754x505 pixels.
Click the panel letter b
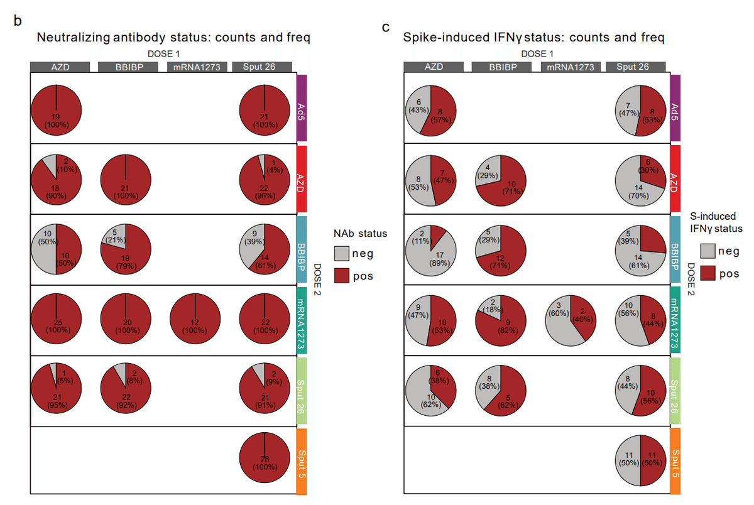18,21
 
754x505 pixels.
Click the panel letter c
386,28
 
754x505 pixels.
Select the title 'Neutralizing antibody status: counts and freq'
173,38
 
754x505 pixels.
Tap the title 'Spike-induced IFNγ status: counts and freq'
533,38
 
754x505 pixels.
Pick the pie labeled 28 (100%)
265,461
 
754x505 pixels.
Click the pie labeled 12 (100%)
195,320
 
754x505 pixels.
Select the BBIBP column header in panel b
128,67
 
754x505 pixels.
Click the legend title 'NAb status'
360,233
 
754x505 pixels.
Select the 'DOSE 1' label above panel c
537,54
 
